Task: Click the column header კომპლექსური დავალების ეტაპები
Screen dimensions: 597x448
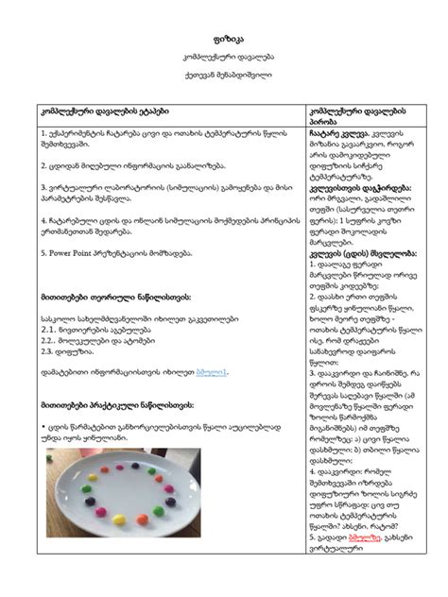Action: tap(104, 111)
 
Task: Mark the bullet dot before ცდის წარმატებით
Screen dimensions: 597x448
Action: tap(43, 427)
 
